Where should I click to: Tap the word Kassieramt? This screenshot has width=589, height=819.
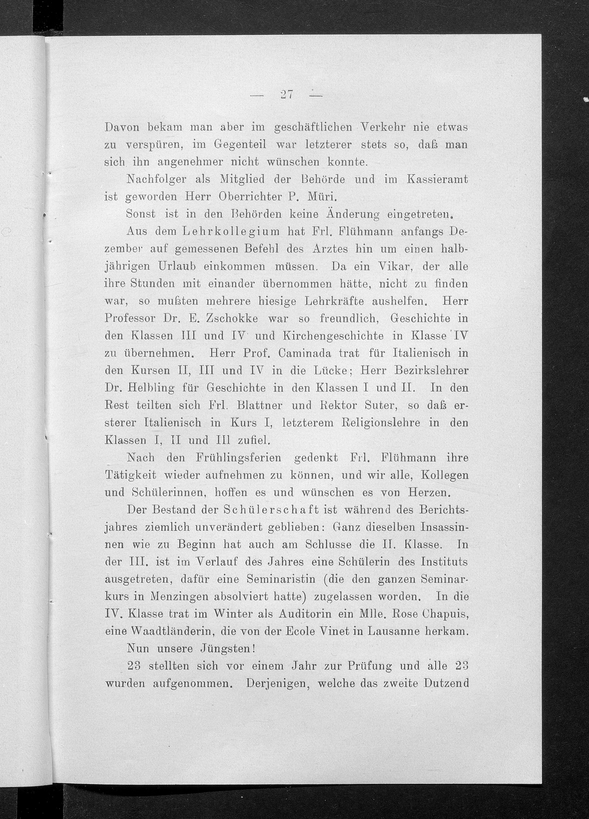click(x=437, y=180)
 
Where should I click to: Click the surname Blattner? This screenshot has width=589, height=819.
click(x=258, y=405)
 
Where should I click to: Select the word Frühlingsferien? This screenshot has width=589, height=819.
click(x=238, y=458)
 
